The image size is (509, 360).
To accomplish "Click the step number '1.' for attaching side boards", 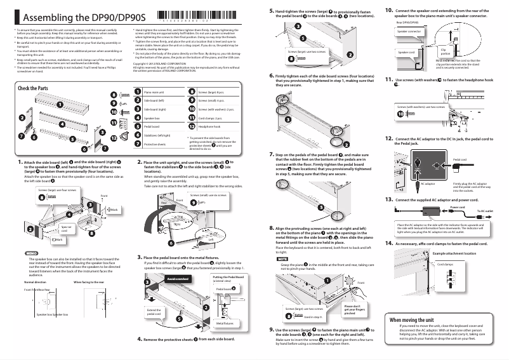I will pos(21,163).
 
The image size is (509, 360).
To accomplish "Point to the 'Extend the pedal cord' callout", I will pos(154,312).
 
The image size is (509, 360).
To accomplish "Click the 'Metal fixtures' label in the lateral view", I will pos(225,323).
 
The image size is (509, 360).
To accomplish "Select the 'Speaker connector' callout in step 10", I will pos(409,30).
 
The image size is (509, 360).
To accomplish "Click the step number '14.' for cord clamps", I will pos(389,243).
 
